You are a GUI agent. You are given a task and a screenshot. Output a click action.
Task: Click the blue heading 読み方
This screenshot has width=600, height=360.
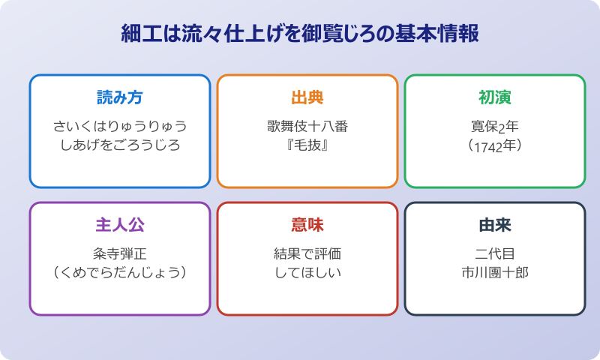tap(120, 97)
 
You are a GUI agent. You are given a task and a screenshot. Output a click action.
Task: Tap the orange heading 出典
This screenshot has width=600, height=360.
tap(307, 97)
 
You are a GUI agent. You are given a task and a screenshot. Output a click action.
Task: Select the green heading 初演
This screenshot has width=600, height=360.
tap(495, 97)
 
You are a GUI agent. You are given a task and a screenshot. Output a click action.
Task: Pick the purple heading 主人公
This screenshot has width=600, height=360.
tap(120, 225)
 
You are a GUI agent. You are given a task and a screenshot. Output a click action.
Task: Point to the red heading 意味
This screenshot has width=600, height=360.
tap(307, 225)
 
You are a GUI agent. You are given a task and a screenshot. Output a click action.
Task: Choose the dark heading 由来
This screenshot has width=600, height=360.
tap(495, 225)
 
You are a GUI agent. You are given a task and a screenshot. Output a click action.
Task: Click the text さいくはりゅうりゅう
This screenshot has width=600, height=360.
tap(120, 126)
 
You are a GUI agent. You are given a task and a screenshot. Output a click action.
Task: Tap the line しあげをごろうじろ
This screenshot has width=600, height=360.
tap(120, 145)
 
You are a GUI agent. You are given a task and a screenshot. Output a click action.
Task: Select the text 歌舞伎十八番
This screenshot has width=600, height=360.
tap(307, 126)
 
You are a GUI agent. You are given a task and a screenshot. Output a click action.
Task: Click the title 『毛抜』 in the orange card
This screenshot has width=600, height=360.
tap(307, 145)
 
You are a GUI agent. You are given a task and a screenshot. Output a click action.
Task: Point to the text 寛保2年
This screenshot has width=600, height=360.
tap(495, 126)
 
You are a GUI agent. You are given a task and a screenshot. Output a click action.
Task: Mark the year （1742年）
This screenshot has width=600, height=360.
tap(495, 145)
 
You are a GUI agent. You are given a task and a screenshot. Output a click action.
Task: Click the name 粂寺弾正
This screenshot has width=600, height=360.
tap(120, 253)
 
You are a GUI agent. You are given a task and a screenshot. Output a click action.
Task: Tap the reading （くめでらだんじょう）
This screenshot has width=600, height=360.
tap(120, 272)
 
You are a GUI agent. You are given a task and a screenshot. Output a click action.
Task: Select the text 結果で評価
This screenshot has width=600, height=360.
tap(307, 253)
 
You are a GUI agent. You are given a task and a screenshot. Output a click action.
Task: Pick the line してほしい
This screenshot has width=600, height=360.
tap(307, 272)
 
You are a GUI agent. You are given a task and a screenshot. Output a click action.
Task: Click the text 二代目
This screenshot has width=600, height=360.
tap(495, 253)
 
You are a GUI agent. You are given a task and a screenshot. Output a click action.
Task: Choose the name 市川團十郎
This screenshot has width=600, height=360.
tap(495, 272)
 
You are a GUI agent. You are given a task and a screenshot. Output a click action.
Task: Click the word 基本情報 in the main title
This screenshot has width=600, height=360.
tap(442, 34)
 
